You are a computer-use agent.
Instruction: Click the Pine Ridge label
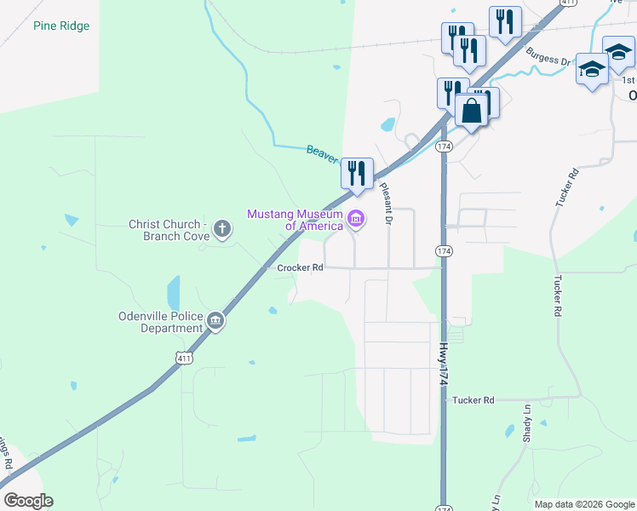(60, 26)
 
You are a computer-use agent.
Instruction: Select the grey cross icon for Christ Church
(222, 227)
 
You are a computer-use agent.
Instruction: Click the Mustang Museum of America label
(295, 220)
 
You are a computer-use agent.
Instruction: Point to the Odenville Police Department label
(161, 322)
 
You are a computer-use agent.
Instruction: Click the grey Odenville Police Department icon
(215, 321)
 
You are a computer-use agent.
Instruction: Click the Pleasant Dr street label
(386, 204)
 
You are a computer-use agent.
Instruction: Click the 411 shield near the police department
(184, 359)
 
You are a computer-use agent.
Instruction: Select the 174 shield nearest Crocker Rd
(444, 251)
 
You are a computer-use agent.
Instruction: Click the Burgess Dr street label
(548, 57)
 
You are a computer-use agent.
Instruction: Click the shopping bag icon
(471, 110)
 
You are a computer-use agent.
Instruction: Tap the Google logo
(28, 501)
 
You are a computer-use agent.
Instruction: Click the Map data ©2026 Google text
(584, 504)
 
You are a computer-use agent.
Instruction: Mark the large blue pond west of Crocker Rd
(175, 291)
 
